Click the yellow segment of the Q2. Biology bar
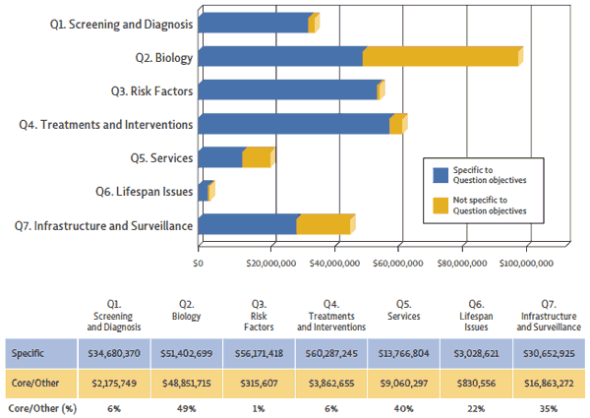(442, 56)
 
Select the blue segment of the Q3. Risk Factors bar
(287, 90)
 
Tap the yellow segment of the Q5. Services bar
(257, 157)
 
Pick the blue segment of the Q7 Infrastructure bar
(248, 224)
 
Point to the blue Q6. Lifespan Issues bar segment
(203, 191)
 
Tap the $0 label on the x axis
(199, 263)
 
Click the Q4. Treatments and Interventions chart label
(107, 124)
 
